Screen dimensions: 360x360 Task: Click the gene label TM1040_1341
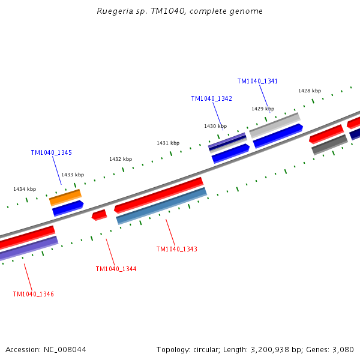tap(257, 81)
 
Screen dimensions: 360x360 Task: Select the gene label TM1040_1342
tap(211, 98)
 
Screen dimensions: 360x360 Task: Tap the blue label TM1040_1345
tap(52, 152)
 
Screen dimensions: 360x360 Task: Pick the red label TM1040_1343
tap(176, 249)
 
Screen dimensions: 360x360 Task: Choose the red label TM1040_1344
tap(116, 269)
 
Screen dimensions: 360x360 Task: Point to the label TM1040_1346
tap(34, 294)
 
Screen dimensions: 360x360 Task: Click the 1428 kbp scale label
tap(310, 91)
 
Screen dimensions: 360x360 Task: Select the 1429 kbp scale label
tap(263, 109)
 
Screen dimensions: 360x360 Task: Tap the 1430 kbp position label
tap(215, 126)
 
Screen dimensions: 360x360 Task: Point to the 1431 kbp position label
tap(168, 143)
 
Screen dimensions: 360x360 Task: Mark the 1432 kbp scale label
tap(121, 159)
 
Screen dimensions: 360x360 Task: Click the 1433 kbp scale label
tap(73, 175)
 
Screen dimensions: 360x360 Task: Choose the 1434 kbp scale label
tap(25, 189)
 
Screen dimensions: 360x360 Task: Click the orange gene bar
tap(65, 196)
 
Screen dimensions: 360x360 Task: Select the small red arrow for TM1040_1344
tap(99, 214)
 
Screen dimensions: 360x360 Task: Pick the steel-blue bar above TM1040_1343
tap(161, 206)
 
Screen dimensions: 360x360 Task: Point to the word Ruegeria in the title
tap(116, 11)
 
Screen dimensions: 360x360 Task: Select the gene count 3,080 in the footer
tap(342, 349)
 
